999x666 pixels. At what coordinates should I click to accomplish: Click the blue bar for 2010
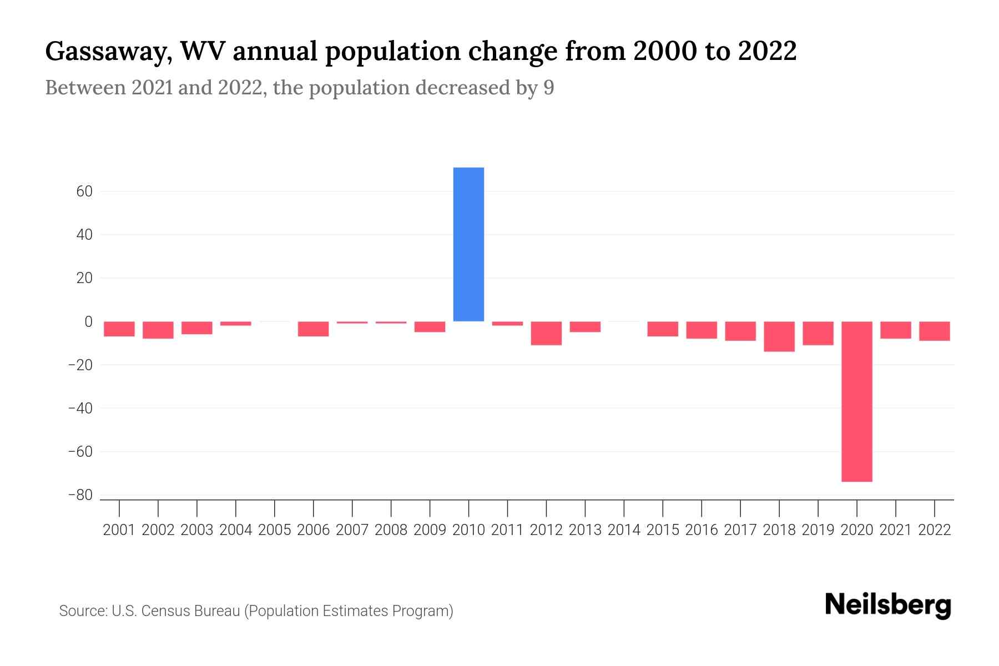click(468, 244)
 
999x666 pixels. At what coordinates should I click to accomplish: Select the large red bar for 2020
click(856, 401)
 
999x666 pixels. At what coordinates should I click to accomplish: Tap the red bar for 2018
click(779, 336)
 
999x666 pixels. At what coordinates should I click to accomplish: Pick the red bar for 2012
click(546, 333)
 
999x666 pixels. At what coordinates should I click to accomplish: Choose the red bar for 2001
click(119, 329)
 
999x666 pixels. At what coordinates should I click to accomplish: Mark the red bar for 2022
click(934, 331)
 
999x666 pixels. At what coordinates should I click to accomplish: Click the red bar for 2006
click(313, 329)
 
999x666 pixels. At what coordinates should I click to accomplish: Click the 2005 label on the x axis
click(275, 530)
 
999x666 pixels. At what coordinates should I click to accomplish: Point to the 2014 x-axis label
click(624, 530)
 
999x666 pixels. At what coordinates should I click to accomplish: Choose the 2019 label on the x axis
click(818, 530)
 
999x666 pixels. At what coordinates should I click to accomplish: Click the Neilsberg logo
click(888, 605)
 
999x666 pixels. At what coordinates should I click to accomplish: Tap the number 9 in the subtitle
click(548, 88)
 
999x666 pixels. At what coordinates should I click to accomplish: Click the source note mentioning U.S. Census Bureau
click(256, 611)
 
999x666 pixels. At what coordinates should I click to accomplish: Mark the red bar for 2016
click(702, 330)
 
